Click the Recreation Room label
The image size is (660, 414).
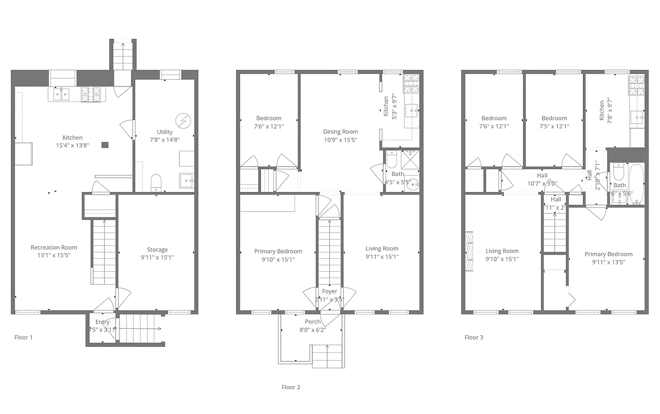point(54,247)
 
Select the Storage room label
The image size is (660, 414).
point(157,249)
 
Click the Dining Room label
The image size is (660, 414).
point(340,131)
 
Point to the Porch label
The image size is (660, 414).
point(312,321)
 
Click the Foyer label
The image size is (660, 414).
point(330,291)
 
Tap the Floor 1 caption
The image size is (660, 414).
point(23,337)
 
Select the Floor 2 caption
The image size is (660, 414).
point(291,387)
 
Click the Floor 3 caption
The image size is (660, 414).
point(474,337)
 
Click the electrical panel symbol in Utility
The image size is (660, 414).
point(183,121)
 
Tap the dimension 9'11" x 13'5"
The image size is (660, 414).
point(608,262)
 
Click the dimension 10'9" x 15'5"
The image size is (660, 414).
point(340,140)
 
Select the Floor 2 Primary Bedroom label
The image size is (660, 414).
point(278,252)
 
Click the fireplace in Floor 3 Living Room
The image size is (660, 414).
point(469,250)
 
